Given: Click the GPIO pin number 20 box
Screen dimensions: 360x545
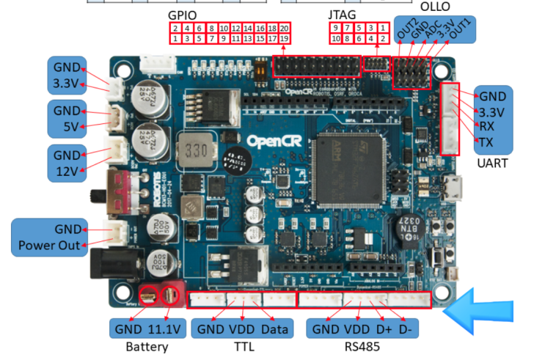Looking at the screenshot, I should [285, 27].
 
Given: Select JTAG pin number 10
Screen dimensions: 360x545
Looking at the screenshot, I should [335, 37].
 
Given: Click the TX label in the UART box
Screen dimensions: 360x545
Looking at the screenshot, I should [487, 140].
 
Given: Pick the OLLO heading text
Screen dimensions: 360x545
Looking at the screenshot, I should [435, 6].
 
